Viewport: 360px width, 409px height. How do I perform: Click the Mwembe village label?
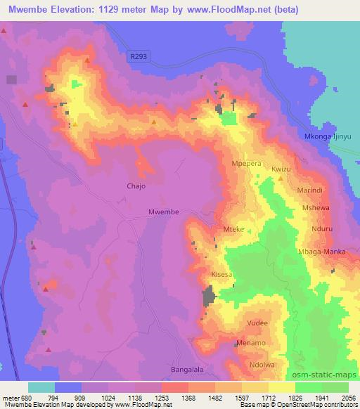164,212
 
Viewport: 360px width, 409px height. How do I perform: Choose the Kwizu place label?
281,170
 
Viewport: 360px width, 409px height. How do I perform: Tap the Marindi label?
309,190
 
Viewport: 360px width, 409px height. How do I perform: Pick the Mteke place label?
233,228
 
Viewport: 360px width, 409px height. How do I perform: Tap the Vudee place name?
257,323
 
